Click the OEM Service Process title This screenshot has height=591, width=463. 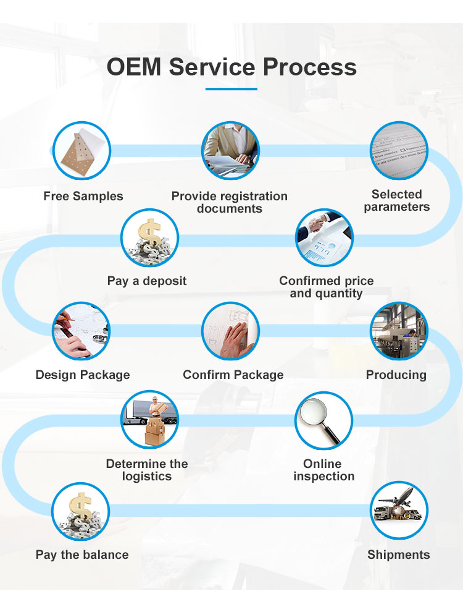[231, 67]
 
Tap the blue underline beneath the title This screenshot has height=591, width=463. [231, 89]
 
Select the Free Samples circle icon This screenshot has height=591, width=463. [81, 150]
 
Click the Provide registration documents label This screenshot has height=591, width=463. [230, 202]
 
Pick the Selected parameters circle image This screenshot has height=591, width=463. [399, 150]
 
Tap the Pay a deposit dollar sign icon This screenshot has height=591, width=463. [150, 237]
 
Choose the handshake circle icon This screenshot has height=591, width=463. [324, 237]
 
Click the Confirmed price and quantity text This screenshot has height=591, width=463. [326, 287]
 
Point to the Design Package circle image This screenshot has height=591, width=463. [81, 331]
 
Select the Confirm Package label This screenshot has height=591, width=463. [233, 375]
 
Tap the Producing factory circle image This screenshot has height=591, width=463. [399, 331]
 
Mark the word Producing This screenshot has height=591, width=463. [396, 375]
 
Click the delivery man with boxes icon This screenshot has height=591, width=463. [149, 420]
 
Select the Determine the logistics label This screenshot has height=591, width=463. [147, 470]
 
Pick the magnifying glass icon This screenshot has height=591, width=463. [323, 420]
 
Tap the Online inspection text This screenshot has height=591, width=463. [323, 470]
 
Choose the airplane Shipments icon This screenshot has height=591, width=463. [399, 511]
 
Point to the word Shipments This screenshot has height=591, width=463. [399, 555]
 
